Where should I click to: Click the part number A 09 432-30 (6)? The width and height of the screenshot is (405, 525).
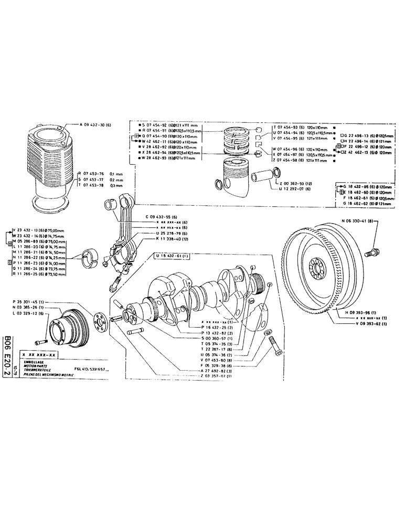point(96,125)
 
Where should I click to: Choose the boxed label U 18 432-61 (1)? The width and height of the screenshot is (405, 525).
point(173,255)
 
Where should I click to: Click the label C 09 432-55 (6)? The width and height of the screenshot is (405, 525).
point(162,217)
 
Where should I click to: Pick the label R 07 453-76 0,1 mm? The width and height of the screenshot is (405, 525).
point(100,173)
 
